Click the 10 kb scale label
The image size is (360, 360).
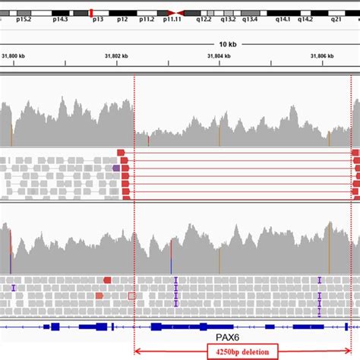point(227,44)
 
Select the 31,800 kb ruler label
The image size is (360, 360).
point(14,56)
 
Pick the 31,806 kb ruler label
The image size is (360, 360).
point(322,56)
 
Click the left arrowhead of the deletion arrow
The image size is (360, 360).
point(137,352)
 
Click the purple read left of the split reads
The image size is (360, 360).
point(116,168)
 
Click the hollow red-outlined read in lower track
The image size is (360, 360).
point(132,295)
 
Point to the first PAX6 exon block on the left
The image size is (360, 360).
point(55,326)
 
